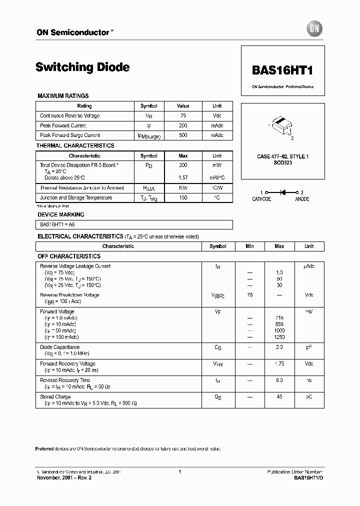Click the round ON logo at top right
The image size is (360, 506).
[314, 29]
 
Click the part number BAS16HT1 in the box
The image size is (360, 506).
[282, 71]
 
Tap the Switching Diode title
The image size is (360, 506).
[82, 67]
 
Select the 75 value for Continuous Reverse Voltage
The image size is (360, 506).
[183, 115]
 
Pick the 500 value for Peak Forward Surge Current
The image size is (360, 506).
[183, 135]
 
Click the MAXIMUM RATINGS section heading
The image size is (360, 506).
[63, 95]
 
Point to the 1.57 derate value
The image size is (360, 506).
[183, 177]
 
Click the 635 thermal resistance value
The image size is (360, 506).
[183, 188]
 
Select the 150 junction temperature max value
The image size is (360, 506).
[183, 197]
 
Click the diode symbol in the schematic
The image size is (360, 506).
[282, 192]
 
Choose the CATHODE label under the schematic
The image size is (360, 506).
[261, 199]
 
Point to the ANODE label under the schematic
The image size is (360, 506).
[302, 199]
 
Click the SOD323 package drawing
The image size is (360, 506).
[280, 125]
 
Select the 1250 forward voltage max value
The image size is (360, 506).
[279, 337]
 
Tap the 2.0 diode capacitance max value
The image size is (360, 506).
[279, 347]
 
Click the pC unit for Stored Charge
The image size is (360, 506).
[309, 396]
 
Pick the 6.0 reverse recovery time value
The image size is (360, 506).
[279, 380]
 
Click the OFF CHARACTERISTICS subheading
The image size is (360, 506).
[69, 256]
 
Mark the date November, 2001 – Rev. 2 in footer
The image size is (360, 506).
[64, 477]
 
